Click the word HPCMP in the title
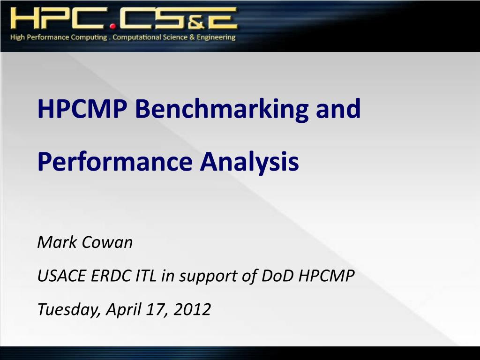click(82, 109)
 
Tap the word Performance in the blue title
click(115, 161)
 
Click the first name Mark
click(57, 242)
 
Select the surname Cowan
click(107, 242)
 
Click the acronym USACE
click(62, 276)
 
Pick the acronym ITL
click(146, 276)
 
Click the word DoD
click(277, 276)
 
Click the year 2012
click(192, 309)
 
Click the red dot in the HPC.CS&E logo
click(113, 26)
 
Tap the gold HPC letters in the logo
click(59, 18)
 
